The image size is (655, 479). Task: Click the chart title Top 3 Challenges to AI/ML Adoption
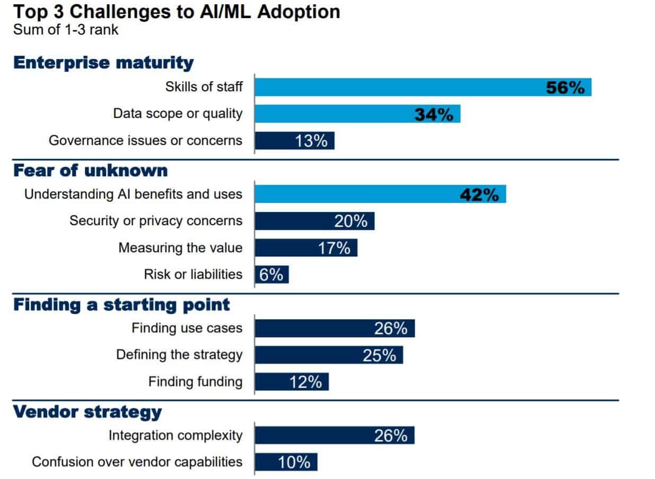(176, 12)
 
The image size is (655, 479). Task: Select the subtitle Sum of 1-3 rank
(66, 29)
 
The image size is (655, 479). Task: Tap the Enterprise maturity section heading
(103, 63)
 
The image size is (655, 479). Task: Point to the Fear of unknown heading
(90, 170)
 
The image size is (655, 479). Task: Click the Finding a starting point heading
(121, 305)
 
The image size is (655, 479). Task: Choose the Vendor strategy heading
(87, 412)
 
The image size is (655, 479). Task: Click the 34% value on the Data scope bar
(434, 114)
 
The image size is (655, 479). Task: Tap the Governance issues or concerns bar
(294, 141)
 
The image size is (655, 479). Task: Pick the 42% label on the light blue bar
(479, 195)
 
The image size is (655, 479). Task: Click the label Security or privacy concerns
(156, 221)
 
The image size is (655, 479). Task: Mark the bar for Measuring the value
(306, 248)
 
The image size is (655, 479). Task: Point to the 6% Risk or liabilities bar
(272, 275)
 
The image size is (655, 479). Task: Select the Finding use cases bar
(335, 329)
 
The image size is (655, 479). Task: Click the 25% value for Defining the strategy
(379, 355)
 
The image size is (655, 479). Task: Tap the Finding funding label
(195, 382)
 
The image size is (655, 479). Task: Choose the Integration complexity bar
(335, 436)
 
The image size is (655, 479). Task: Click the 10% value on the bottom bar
(294, 463)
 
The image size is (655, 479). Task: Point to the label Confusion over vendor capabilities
(137, 462)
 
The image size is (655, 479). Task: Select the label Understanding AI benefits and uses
(133, 194)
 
